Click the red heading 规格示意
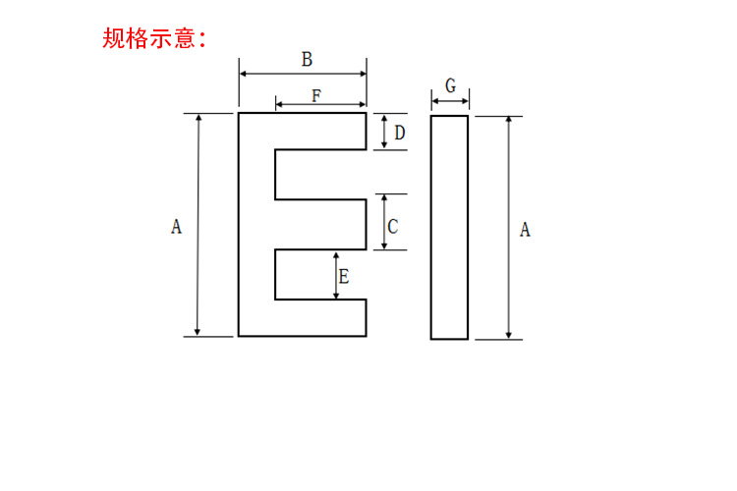coord(154,38)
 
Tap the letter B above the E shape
coord(307,60)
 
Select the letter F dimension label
coord(316,95)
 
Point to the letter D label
coord(400,132)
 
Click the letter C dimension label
coord(393,227)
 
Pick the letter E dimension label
coord(344,277)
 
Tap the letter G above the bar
coord(450,85)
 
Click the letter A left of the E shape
coord(177,227)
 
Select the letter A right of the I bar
coord(525,230)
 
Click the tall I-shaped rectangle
coord(449,227)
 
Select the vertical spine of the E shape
coord(256,225)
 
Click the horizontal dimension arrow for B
coord(303,73)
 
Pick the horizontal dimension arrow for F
coord(320,104)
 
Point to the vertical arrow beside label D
coord(384,132)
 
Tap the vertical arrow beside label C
coord(383,222)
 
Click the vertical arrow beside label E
coord(336,274)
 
